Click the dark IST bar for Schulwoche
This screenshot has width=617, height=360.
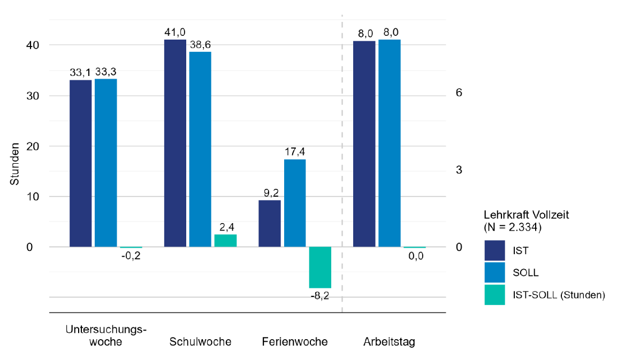tap(175, 143)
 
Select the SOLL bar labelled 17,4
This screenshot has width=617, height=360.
tap(295, 203)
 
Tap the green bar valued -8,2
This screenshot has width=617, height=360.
tap(320, 267)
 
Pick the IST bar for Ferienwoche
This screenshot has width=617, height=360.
tap(270, 224)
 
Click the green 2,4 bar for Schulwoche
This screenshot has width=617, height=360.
tap(225, 241)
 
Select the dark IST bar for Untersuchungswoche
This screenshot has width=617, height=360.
tap(81, 164)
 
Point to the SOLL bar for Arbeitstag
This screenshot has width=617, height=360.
tap(390, 143)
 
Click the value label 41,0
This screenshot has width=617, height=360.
tap(174, 32)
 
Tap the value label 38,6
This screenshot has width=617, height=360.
tap(200, 45)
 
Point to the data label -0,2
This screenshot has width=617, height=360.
tap(131, 256)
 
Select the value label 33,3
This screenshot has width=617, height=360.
tap(106, 72)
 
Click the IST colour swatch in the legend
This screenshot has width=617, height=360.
tap(494, 251)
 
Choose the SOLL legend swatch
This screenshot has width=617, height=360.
tap(494, 273)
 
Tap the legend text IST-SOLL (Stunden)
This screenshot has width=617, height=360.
tap(559, 295)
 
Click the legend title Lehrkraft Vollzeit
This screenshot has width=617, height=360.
tap(527, 215)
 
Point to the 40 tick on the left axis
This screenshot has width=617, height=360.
tap(33, 45)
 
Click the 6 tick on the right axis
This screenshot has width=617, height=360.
tap(459, 93)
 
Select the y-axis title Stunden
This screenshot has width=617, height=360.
tap(14, 164)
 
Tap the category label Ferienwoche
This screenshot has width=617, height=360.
tap(295, 341)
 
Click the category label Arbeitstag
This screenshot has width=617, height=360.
tap(389, 342)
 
